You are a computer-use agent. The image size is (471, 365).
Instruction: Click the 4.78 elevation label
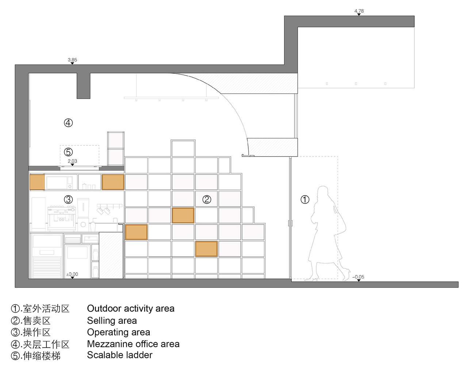click(x=359, y=11)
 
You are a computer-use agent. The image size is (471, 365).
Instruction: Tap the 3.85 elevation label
click(x=72, y=60)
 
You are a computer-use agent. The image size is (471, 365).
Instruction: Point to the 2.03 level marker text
click(x=72, y=161)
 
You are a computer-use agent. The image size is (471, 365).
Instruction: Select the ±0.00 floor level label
click(x=72, y=274)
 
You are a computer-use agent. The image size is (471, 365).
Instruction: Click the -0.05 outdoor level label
click(x=359, y=277)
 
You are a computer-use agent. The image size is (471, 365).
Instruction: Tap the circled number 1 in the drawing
click(x=305, y=200)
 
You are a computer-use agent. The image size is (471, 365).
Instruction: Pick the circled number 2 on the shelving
click(x=207, y=200)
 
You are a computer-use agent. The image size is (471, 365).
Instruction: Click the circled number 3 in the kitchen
click(x=69, y=199)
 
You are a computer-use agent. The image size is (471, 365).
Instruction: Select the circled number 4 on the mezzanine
click(x=68, y=123)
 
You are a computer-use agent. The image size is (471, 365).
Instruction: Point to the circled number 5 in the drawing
click(x=68, y=152)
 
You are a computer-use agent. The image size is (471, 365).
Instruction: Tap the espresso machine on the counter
click(x=62, y=218)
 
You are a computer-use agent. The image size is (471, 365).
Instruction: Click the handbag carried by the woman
click(x=340, y=223)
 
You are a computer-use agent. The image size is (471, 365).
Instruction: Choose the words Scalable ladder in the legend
click(x=120, y=355)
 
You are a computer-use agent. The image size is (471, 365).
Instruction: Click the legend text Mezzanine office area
click(x=133, y=344)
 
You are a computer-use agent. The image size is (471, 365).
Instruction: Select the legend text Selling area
click(x=112, y=320)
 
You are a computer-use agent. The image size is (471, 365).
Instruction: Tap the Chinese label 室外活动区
click(x=46, y=308)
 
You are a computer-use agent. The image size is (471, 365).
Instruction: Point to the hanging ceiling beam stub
click(x=84, y=86)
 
